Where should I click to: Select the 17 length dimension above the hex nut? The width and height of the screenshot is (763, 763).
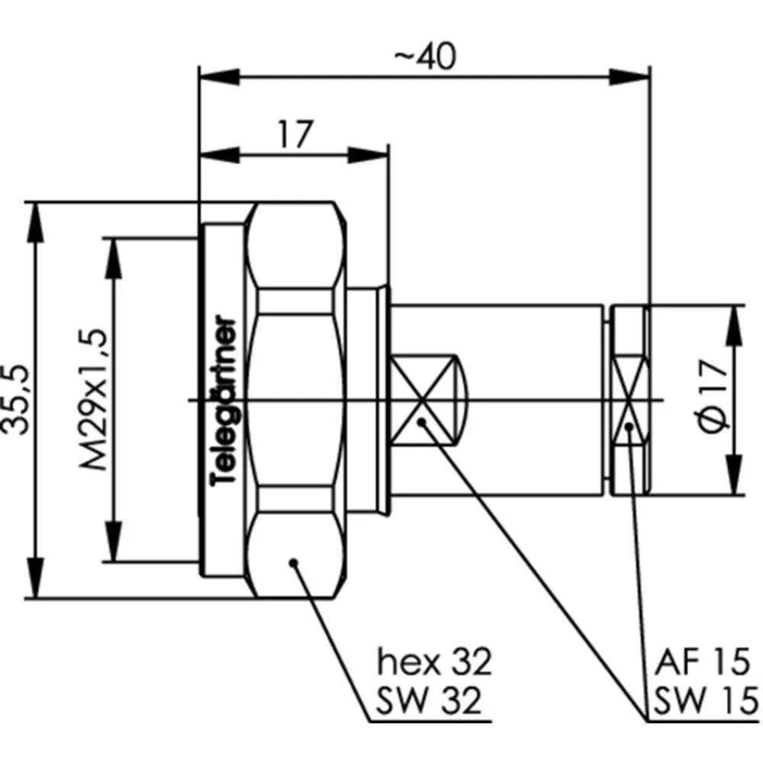click(x=295, y=134)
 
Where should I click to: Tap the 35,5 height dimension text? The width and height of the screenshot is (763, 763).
click(x=15, y=399)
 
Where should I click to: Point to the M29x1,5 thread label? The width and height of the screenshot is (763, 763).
click(x=93, y=400)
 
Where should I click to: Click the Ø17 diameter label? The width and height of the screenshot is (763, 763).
click(x=714, y=394)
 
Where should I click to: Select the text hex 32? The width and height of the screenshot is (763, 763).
click(x=435, y=662)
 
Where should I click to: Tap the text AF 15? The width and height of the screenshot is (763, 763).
click(x=702, y=662)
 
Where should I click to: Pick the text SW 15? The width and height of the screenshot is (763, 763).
click(x=705, y=700)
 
